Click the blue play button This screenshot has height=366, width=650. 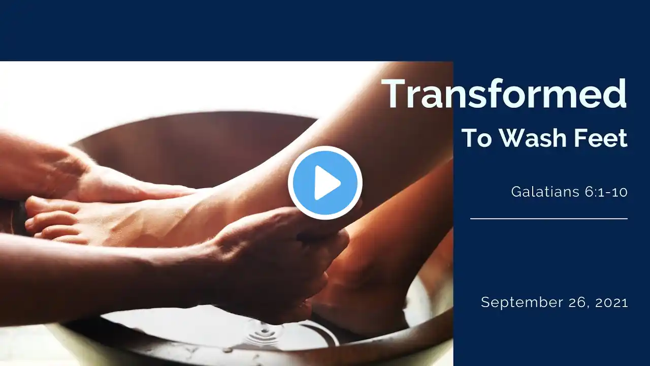325,182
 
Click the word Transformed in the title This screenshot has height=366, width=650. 504,94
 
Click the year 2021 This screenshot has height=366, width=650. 611,302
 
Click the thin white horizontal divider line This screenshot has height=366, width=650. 549,219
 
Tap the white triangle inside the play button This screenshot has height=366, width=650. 327,182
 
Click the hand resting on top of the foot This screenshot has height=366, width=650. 96,174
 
